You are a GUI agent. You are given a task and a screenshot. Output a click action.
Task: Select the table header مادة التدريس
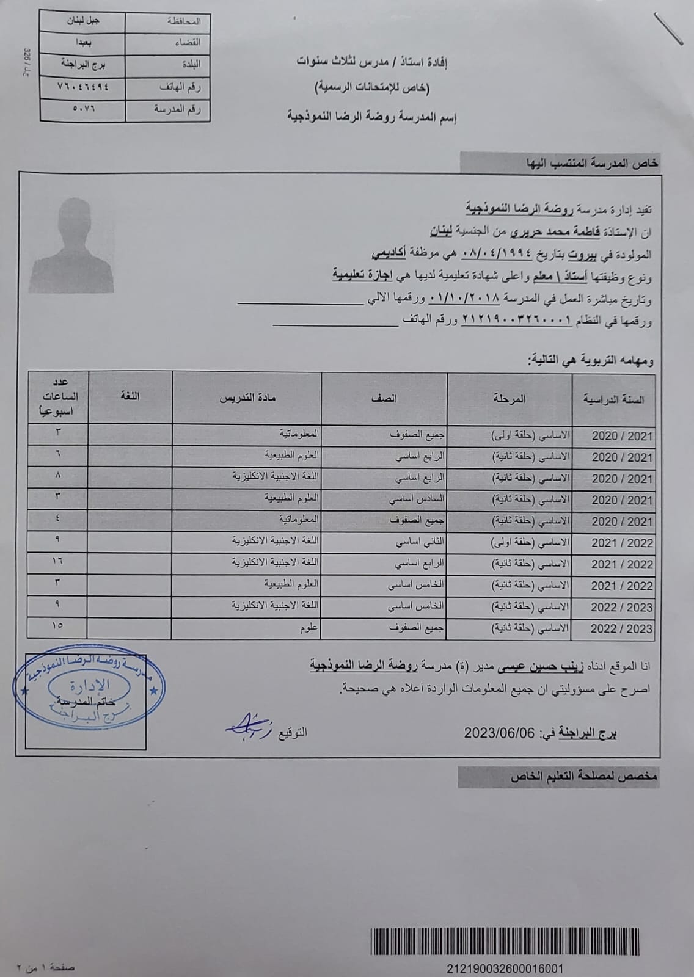[248, 398]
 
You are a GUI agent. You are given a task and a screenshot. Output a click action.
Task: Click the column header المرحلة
[510, 399]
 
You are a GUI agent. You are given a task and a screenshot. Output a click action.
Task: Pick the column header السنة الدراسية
[614, 400]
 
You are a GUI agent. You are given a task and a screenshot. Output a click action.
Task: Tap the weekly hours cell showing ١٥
[58, 625]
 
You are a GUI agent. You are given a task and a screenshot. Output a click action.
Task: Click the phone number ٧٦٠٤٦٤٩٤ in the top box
[82, 86]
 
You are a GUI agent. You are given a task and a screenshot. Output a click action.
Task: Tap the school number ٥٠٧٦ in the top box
[82, 109]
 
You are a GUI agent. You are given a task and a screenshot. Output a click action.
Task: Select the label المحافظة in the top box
[183, 21]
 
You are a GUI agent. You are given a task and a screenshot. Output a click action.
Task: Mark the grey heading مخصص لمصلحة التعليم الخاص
[583, 777]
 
